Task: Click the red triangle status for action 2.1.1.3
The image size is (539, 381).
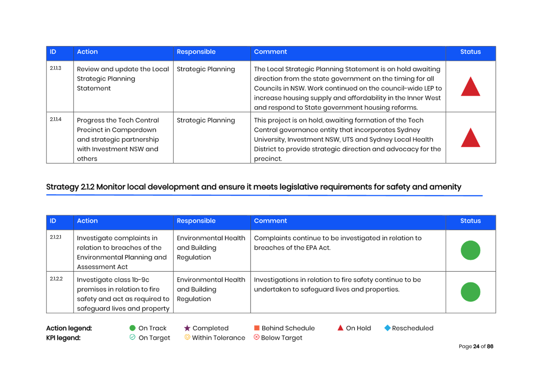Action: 470,87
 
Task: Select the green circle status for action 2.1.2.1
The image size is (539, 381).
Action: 470,251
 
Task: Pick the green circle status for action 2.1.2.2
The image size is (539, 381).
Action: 470,292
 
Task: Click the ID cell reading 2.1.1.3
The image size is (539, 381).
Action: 56,68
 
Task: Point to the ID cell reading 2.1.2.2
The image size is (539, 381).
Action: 56,279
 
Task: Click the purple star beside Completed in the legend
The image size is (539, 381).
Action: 187,328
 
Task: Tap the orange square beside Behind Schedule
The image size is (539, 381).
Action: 256,328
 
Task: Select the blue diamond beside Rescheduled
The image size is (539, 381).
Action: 387,328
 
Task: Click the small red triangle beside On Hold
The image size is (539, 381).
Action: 340,328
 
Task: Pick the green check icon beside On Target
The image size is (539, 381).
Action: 132,337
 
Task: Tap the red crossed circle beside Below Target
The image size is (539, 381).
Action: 256,337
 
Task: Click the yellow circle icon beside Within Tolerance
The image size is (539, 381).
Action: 187,337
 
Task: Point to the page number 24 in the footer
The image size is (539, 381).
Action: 476,346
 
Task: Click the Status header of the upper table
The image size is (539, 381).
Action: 470,51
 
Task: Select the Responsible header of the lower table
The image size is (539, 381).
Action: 196,221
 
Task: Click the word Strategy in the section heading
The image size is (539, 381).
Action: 63,187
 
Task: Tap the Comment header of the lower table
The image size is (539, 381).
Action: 270,221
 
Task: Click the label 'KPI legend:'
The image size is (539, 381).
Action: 63,338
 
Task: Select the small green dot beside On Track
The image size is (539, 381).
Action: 132,328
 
